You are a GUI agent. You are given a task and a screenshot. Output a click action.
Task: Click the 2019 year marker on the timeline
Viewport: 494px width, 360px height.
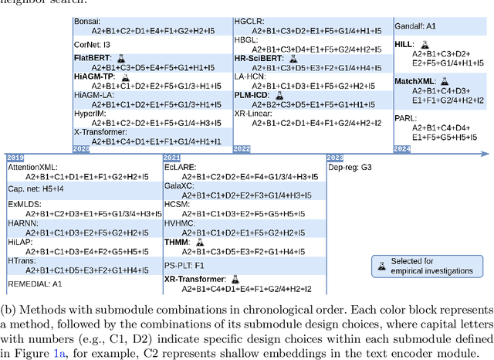[x=15, y=158]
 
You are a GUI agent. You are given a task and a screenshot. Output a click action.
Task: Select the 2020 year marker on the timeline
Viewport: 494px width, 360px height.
[x=81, y=148]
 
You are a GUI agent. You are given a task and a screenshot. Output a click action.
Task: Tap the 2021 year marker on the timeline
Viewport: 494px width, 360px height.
[x=172, y=158]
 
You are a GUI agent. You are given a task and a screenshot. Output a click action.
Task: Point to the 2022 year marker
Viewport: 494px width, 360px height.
[x=241, y=148]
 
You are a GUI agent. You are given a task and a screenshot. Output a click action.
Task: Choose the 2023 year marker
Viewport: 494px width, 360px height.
[x=335, y=158]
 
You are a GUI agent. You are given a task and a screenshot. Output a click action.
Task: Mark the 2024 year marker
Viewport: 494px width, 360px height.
[x=401, y=148]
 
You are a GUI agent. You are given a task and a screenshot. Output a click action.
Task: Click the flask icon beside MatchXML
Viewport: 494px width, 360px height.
[x=444, y=81]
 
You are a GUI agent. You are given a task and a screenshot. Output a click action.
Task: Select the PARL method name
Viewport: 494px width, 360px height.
[x=408, y=118]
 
